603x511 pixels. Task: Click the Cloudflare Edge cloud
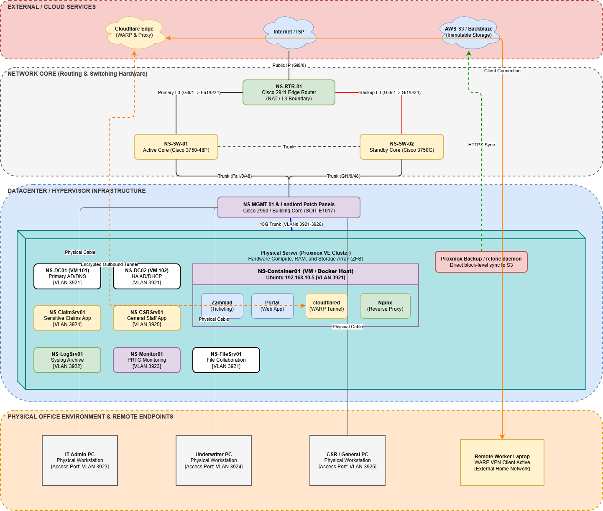coord(134,32)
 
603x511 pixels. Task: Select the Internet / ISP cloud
coord(289,32)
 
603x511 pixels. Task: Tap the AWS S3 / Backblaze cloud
coord(469,32)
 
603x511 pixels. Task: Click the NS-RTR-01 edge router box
coord(289,92)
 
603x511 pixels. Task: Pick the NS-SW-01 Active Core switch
coord(176,147)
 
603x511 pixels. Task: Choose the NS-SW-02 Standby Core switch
coord(402,147)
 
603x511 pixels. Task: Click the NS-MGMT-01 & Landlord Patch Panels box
coord(289,207)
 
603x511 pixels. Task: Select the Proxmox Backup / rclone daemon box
coord(481,262)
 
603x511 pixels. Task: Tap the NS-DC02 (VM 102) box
coord(147,276)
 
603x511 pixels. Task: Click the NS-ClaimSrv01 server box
coord(67,318)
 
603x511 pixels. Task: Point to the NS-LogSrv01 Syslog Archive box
coord(67,360)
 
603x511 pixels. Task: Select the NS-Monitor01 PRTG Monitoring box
coord(147,360)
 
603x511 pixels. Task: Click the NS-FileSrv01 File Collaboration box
coord(226,360)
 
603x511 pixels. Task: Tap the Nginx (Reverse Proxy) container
coord(385,306)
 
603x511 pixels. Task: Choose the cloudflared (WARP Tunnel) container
coord(327,306)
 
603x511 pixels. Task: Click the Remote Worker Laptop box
coord(502,462)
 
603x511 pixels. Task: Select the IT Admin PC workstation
coord(80,460)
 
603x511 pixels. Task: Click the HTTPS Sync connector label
coord(481,145)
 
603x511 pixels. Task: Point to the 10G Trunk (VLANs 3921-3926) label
coord(291,224)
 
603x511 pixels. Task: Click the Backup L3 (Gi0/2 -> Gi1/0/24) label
coord(390,92)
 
